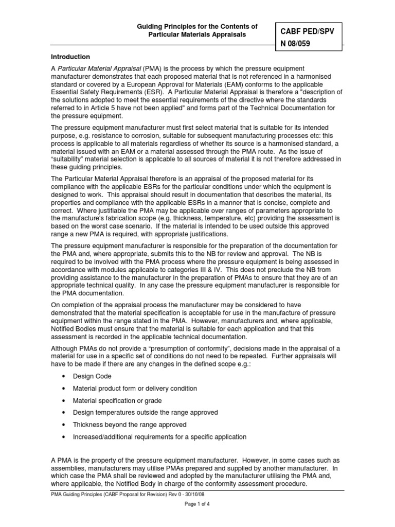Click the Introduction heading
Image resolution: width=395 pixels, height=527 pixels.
[x=70, y=57]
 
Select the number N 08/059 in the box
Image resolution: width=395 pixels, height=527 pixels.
[x=295, y=44]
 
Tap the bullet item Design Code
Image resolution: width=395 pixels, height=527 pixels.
[x=92, y=376]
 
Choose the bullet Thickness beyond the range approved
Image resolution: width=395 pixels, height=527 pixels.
[x=130, y=425]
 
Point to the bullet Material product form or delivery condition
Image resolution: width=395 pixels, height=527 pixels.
[x=135, y=389]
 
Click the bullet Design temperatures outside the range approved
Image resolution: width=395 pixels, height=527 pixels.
[x=145, y=413]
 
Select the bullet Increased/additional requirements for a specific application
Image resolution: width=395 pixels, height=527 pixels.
[x=159, y=437]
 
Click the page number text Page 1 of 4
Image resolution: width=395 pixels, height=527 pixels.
[x=197, y=504]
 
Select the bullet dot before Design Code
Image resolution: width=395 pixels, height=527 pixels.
[x=63, y=377]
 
